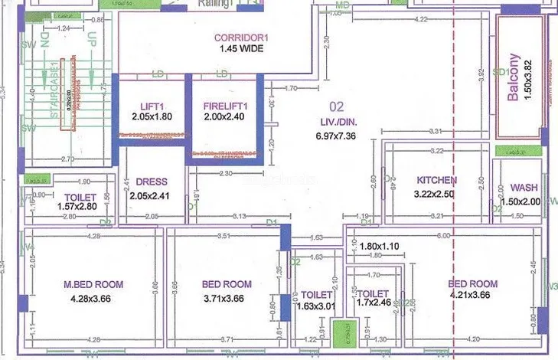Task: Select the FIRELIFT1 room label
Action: tap(225, 105)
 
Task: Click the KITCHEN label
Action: tap(437, 180)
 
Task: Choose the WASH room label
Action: tap(524, 186)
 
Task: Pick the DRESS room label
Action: tap(152, 182)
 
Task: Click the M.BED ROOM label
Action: tap(93, 284)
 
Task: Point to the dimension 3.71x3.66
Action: tap(227, 299)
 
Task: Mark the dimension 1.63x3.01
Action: tap(316, 307)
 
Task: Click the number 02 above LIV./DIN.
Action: tap(336, 106)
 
